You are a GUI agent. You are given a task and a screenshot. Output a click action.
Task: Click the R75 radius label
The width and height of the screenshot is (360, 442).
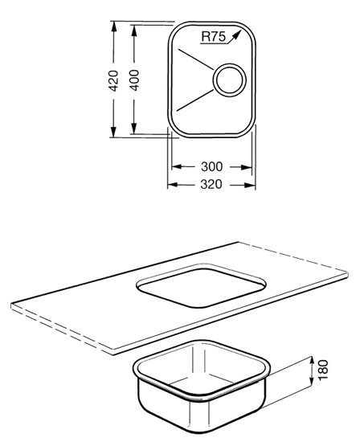click(x=214, y=36)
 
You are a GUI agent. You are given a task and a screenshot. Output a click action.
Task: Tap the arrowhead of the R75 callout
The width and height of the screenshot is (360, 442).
click(x=237, y=34)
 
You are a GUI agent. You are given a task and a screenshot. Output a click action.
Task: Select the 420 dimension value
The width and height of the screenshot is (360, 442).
click(x=113, y=80)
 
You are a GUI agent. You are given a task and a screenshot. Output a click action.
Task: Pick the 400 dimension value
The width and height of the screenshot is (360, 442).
click(x=134, y=80)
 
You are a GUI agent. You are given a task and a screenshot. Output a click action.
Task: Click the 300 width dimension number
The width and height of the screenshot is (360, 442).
click(x=211, y=166)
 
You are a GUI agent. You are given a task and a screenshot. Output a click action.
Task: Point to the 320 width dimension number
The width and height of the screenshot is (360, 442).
click(x=211, y=184)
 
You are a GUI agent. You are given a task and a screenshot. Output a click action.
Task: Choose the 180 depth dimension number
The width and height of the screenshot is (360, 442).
click(x=323, y=370)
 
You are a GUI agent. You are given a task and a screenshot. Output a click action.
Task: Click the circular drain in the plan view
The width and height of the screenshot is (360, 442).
click(x=229, y=80)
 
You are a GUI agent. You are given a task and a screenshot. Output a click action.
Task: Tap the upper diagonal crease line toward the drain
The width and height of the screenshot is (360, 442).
click(x=195, y=59)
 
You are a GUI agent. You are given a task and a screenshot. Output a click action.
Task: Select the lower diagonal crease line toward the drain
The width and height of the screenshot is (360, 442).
click(x=194, y=100)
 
